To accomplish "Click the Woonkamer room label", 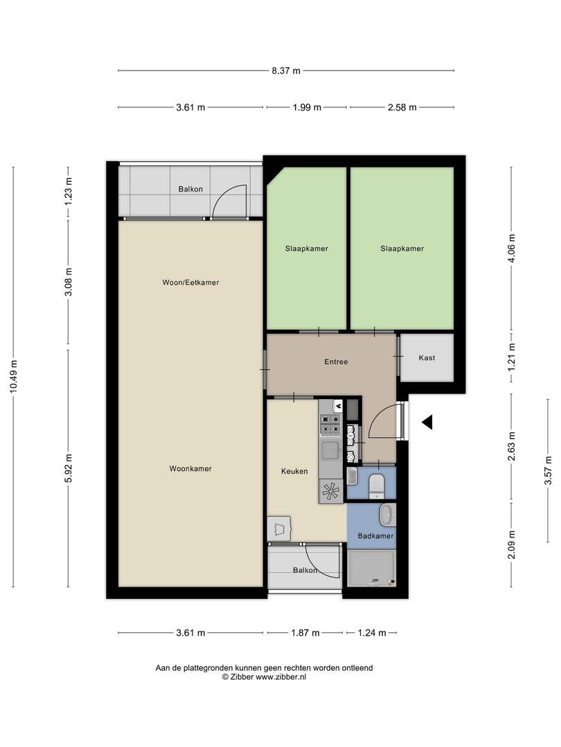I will coord(190,469).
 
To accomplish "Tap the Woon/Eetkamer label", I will coord(190,282).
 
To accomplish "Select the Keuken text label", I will coord(294,472).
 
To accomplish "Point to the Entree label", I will coord(336,362).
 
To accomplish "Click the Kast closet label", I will coord(427,358).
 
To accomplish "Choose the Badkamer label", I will coord(375,536).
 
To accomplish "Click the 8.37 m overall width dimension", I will coord(286,71).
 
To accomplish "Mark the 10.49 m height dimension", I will coord(14,378).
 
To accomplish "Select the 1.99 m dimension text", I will coord(306,107).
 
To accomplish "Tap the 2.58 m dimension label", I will coord(402,107).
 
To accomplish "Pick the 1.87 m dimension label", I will coord(305,633).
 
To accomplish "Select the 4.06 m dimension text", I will coord(512,248).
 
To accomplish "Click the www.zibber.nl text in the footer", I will coord(280,678).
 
